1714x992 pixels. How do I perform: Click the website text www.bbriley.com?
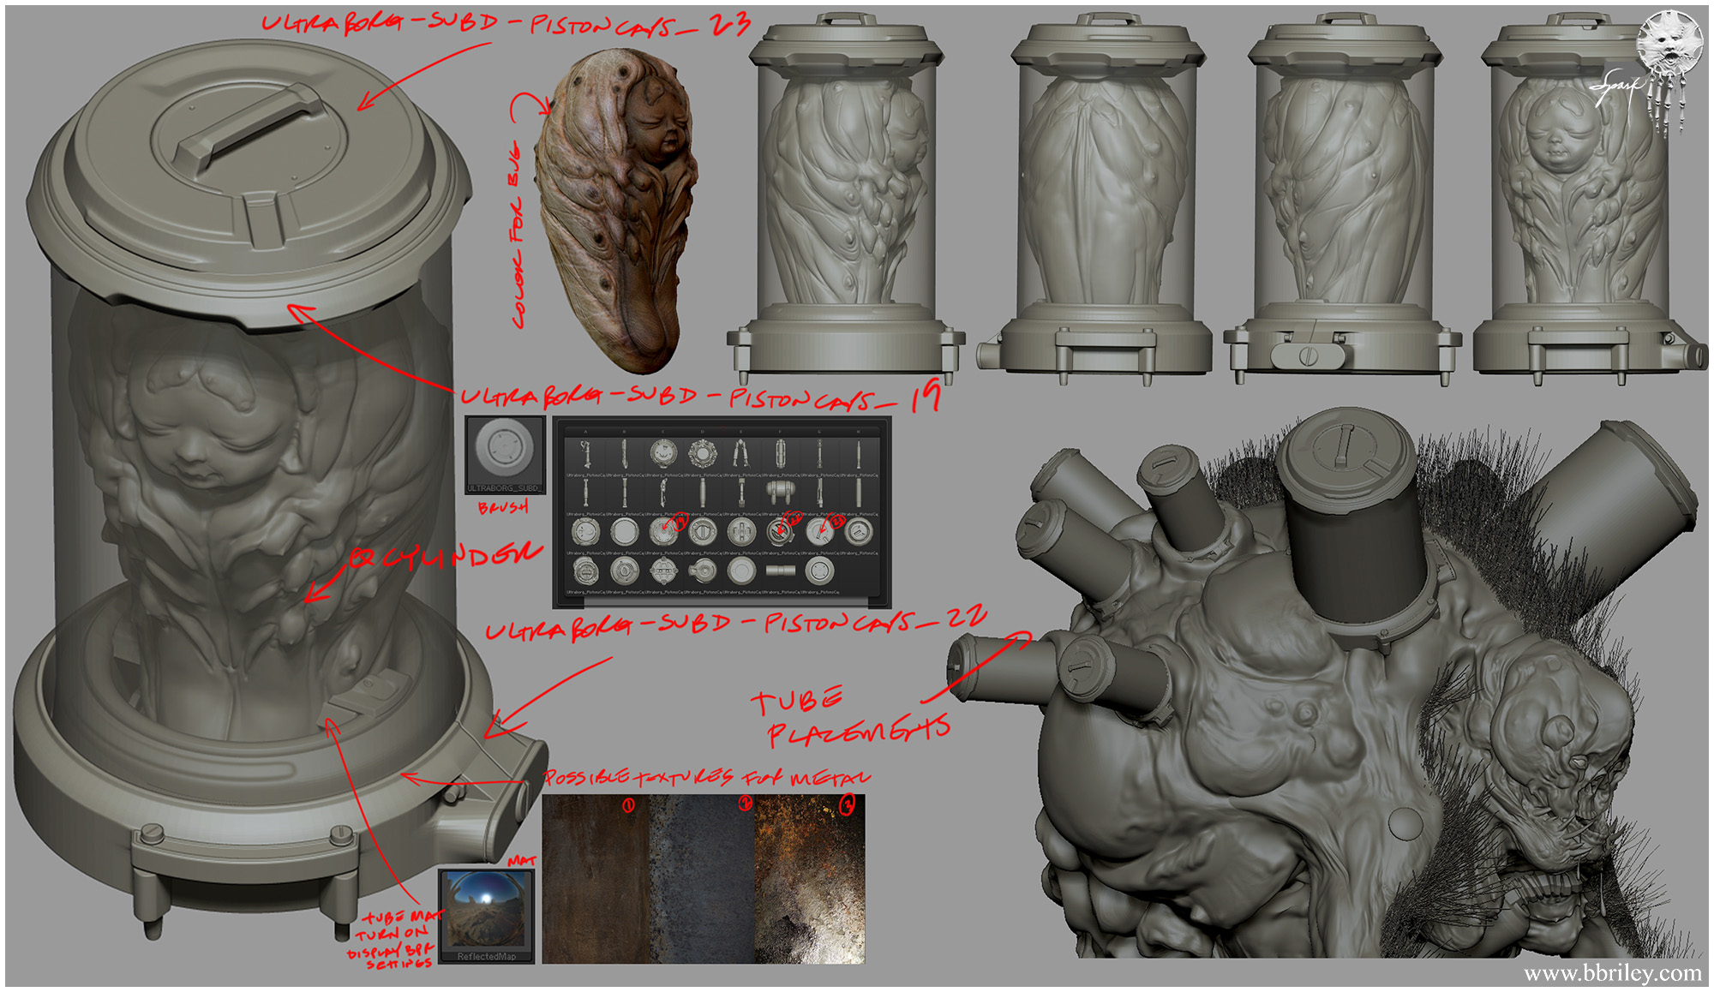pyautogui.click(x=1612, y=973)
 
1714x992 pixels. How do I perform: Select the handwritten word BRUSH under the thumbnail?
pyautogui.click(x=503, y=507)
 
